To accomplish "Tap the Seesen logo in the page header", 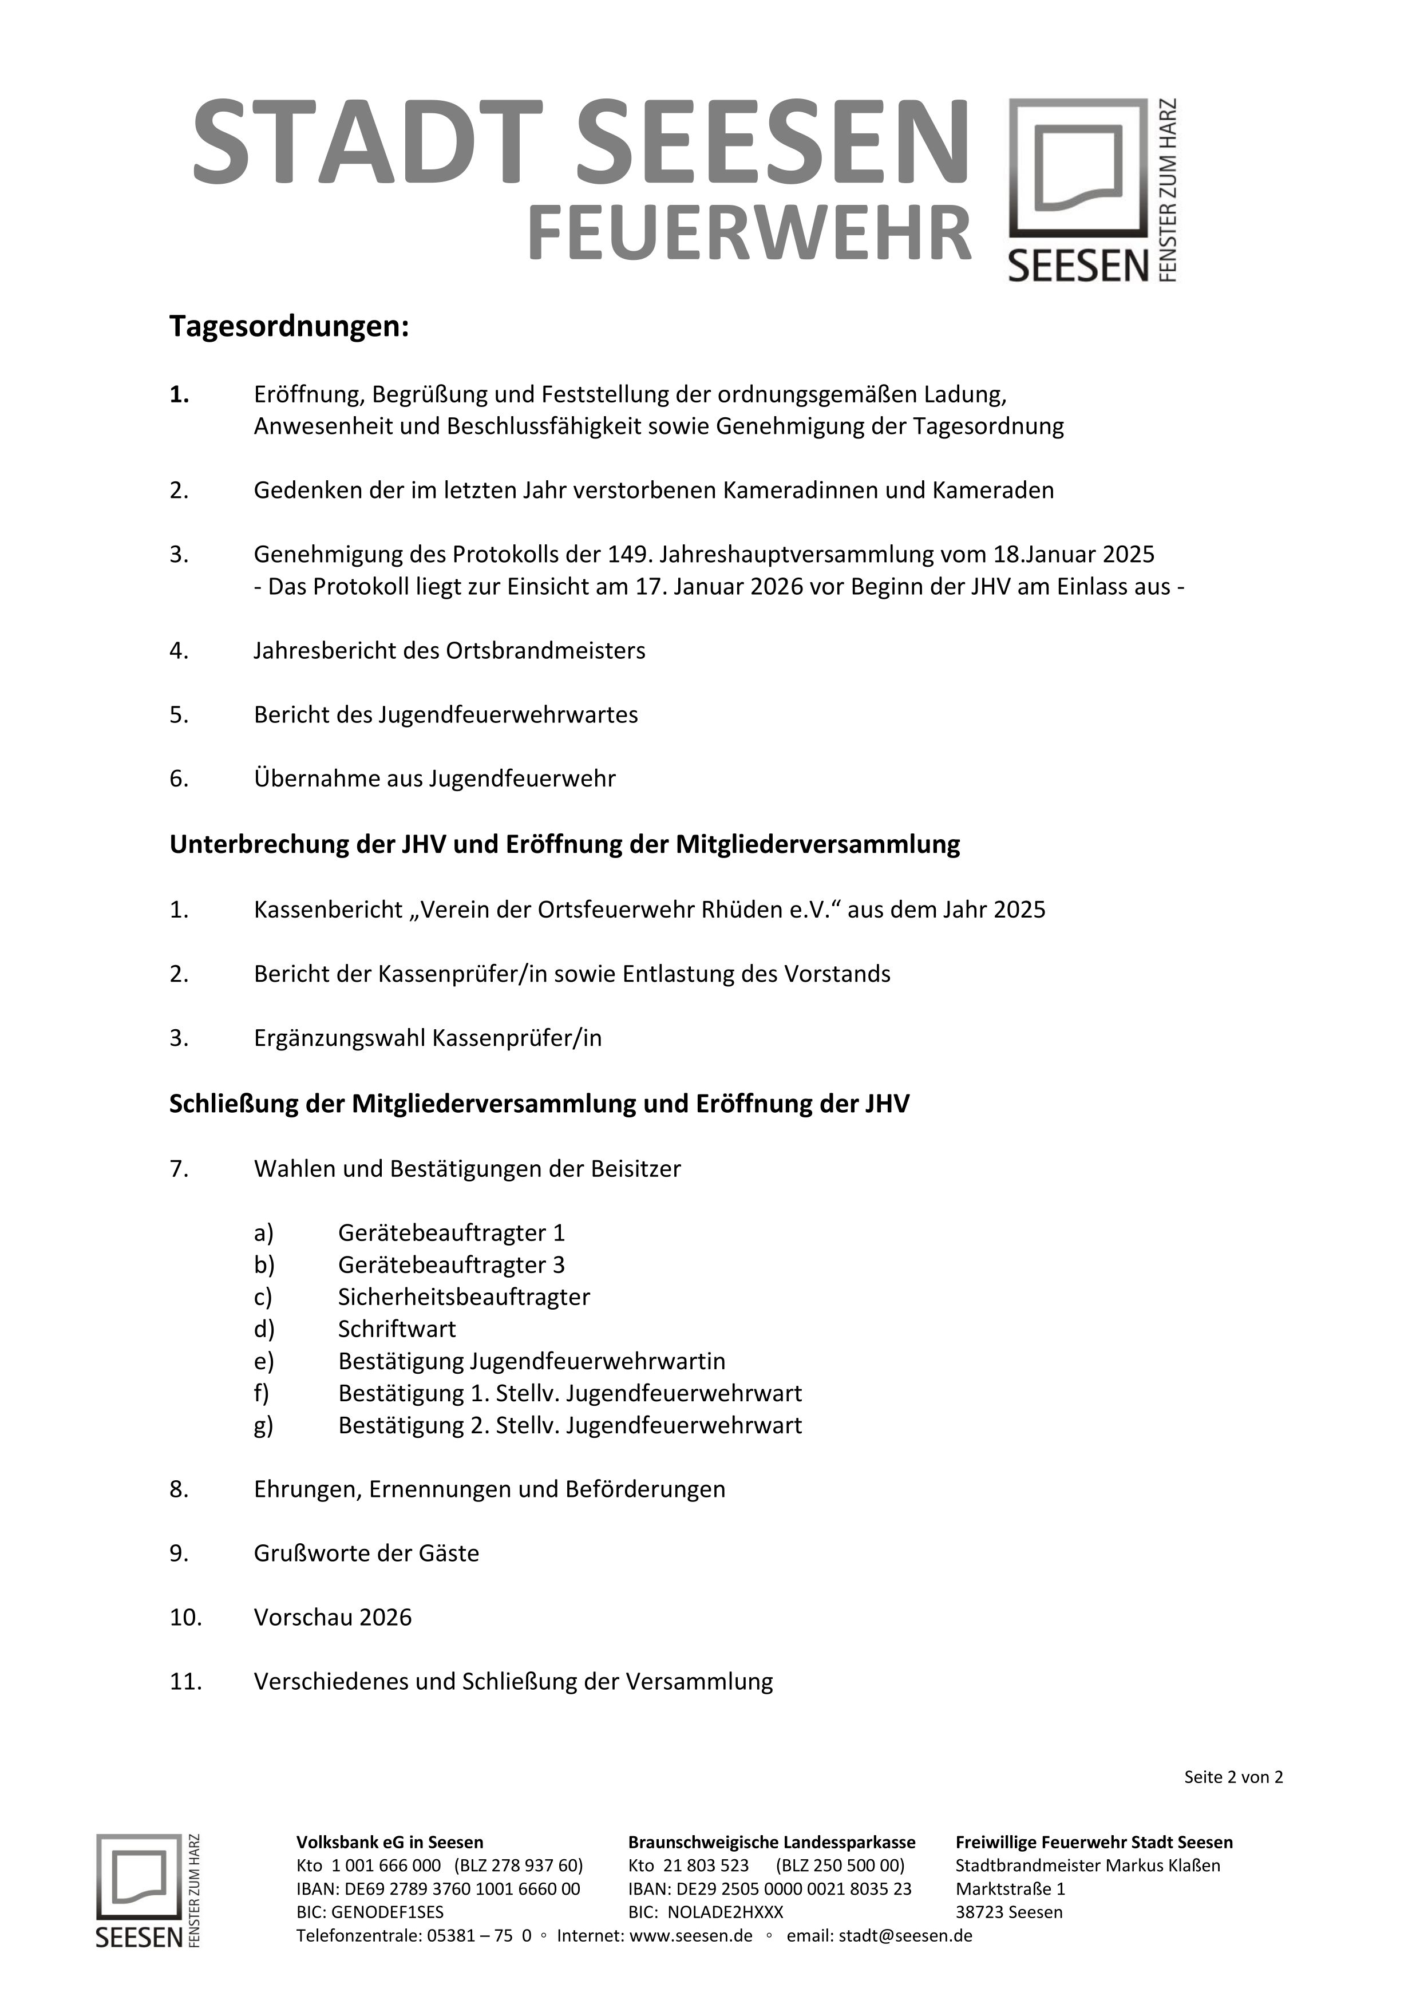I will pyautogui.click(x=1092, y=190).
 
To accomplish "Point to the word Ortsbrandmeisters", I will pyautogui.click(x=545, y=651).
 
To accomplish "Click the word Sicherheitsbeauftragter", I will pyautogui.click(x=464, y=1297).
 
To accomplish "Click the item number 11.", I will pyautogui.click(x=185, y=1681).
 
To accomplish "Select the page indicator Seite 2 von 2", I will pyautogui.click(x=1233, y=1777).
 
